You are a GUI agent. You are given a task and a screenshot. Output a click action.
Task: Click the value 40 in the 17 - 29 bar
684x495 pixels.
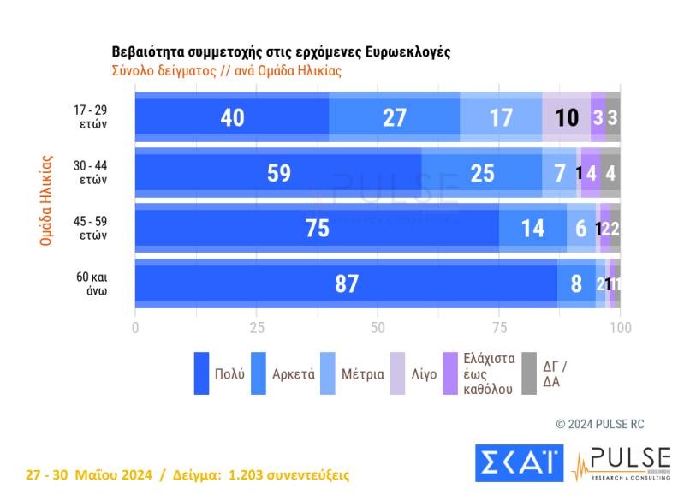(232, 117)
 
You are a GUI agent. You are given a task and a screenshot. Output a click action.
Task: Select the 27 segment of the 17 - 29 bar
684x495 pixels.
(394, 117)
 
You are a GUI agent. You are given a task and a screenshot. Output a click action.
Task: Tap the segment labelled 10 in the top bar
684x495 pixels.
(566, 117)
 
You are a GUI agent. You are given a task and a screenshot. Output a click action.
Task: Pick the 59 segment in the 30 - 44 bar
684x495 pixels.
(278, 173)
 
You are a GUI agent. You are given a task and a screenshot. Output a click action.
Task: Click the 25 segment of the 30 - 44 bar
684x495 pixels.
(482, 173)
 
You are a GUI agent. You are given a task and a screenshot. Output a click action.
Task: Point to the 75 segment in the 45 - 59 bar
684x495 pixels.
(317, 229)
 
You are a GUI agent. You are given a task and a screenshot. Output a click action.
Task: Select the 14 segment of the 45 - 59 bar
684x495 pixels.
(532, 229)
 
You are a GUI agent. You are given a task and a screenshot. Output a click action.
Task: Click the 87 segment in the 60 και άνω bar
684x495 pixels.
(346, 284)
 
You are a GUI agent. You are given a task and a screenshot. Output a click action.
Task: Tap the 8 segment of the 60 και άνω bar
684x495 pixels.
(576, 284)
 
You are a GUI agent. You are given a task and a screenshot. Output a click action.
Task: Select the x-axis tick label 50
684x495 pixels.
(378, 328)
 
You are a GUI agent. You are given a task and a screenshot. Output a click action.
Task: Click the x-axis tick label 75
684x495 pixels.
(499, 328)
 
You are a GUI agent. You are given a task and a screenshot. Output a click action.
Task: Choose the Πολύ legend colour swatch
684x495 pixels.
(201, 373)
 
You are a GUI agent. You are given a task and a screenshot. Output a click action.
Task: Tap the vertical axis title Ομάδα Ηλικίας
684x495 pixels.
(47, 200)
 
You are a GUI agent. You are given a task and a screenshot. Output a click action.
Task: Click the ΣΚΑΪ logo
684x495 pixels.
(519, 462)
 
